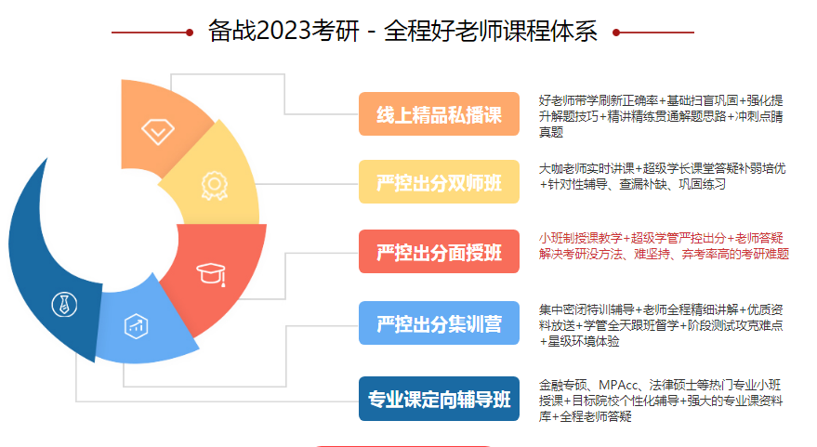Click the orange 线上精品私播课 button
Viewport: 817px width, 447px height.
pyautogui.click(x=439, y=114)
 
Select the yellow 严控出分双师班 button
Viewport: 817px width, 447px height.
pyautogui.click(x=439, y=182)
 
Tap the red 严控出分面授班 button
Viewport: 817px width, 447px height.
pyautogui.click(x=439, y=252)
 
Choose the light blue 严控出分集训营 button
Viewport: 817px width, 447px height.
pyautogui.click(x=439, y=323)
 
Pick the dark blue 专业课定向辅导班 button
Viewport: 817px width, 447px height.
pyautogui.click(x=439, y=399)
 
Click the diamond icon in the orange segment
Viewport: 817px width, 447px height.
pyautogui.click(x=158, y=131)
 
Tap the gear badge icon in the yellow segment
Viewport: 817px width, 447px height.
pyautogui.click(x=214, y=186)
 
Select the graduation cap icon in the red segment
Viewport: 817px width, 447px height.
pyautogui.click(x=211, y=274)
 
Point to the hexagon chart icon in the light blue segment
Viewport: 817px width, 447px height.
pyautogui.click(x=136, y=326)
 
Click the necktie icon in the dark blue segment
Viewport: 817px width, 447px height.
pyautogui.click(x=65, y=304)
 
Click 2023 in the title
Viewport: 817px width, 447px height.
pyautogui.click(x=283, y=31)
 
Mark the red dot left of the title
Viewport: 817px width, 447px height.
pyautogui.click(x=190, y=33)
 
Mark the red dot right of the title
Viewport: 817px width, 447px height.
pyautogui.click(x=616, y=33)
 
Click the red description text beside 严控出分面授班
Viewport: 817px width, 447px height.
pyautogui.click(x=664, y=246)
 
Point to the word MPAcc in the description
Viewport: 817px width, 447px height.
pyautogui.click(x=618, y=385)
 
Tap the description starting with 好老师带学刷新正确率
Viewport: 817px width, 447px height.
pyautogui.click(x=661, y=116)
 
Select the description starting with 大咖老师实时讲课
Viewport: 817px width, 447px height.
pyautogui.click(x=662, y=176)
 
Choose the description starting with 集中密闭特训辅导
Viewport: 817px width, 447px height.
pyautogui.click(x=661, y=325)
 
